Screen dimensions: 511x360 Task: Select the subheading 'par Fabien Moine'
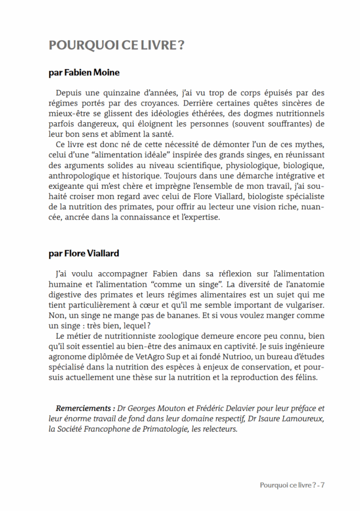pyautogui.click(x=84, y=73)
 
